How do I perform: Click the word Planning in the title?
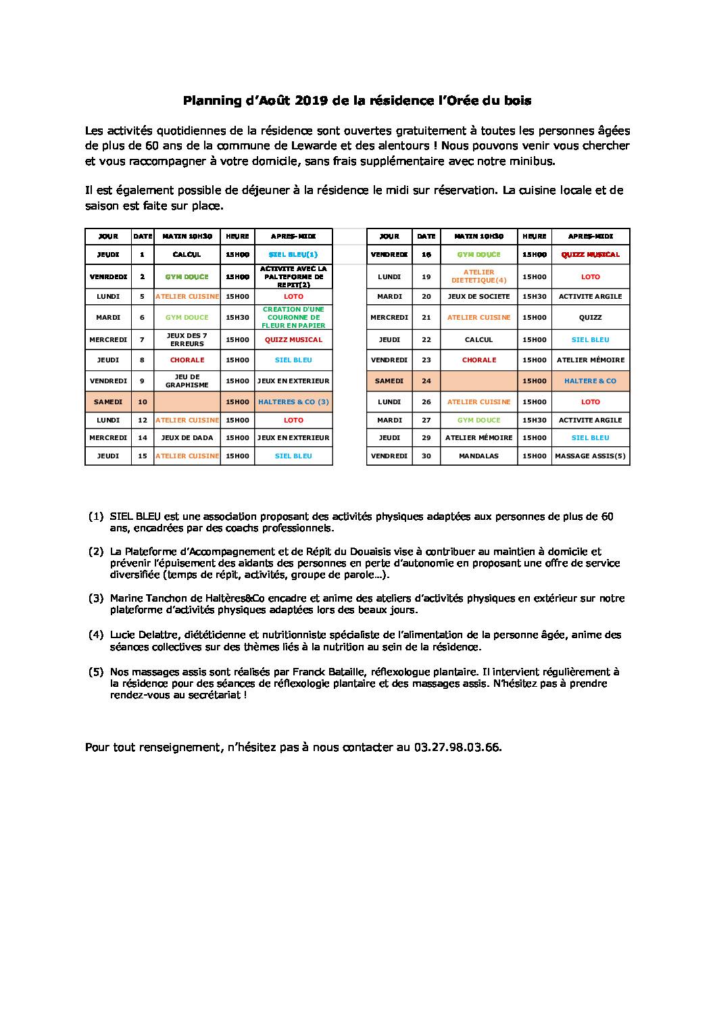pos(209,101)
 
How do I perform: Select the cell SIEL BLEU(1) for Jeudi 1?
pos(293,255)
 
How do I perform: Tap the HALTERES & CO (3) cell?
pos(293,402)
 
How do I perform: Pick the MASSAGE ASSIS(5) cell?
pos(590,456)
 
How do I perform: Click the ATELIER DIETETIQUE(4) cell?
pos(479,276)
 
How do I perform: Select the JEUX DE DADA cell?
pos(187,438)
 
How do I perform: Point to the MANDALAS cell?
pos(478,456)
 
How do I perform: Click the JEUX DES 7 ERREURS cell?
pos(187,340)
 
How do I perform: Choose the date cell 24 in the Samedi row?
pos(426,381)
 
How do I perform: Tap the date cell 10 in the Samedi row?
pos(142,402)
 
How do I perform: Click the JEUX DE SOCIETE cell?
pos(478,297)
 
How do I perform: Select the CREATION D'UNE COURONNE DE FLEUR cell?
pos(293,317)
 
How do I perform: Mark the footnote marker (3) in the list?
pos(95,598)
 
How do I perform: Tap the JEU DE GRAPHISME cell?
pos(187,381)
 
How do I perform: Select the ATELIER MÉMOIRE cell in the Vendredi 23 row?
pos(590,360)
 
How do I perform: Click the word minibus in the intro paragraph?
pos(534,161)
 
